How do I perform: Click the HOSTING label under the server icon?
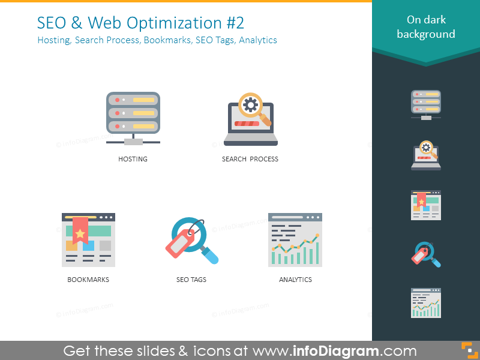tap(133, 159)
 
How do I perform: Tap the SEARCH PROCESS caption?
tap(250, 159)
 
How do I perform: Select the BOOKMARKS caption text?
tap(88, 280)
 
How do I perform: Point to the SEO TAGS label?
tap(191, 280)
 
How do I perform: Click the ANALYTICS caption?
tap(295, 280)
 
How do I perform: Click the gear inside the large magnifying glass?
tap(251, 105)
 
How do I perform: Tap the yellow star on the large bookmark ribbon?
tap(80, 233)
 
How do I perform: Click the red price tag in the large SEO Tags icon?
tap(181, 244)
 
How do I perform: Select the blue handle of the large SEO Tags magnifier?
tap(211, 256)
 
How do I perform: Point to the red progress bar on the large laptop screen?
tap(247, 124)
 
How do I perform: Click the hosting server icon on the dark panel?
tap(426, 104)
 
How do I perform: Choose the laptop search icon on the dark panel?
tap(426, 155)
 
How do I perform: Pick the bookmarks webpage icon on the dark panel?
tap(426, 205)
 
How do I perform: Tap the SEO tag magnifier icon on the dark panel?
tap(426, 254)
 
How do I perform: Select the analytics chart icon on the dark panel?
tap(426, 303)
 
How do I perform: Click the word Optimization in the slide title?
tap(174, 23)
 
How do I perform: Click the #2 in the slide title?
tap(235, 23)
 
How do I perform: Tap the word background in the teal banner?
tap(426, 34)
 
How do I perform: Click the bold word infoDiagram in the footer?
tap(336, 351)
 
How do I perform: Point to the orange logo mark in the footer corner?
tap(469, 350)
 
